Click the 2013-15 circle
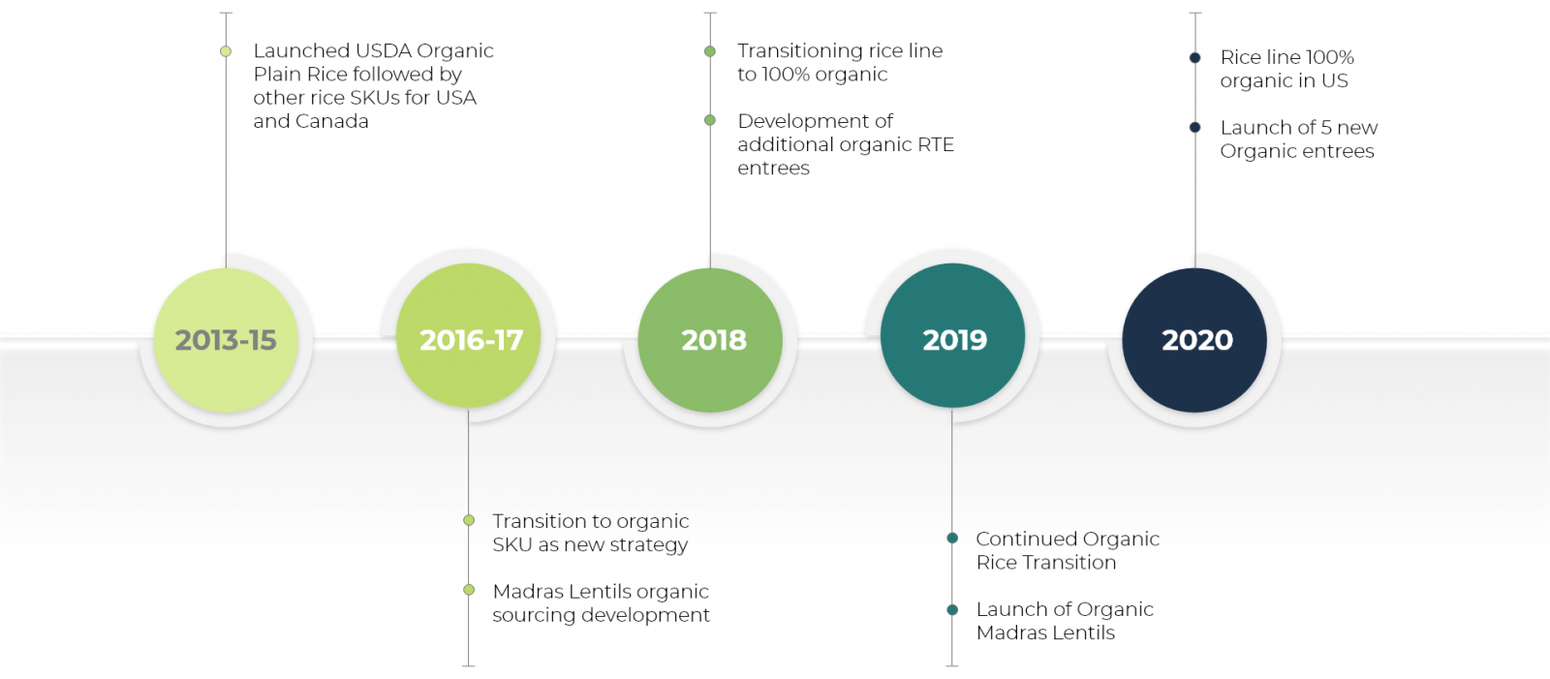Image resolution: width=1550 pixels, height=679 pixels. tap(227, 341)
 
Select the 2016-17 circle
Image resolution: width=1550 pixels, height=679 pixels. tap(469, 336)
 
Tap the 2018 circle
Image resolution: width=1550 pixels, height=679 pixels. tap(711, 341)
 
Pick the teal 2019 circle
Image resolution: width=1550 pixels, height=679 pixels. tap(953, 336)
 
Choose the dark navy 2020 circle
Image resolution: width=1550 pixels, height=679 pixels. tap(1195, 341)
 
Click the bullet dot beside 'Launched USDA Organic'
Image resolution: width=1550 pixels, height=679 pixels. tap(226, 51)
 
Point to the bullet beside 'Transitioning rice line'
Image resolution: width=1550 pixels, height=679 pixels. tap(710, 51)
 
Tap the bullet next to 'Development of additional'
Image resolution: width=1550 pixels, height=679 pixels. tap(710, 120)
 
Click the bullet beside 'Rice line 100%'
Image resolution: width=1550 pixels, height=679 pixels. tap(1195, 57)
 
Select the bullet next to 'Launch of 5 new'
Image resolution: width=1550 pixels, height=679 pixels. tap(1195, 127)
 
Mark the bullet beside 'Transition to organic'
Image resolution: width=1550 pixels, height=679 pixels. tap(469, 520)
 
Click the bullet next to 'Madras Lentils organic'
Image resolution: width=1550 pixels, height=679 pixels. tap(469, 591)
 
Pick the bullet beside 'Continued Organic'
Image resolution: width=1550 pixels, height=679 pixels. tap(952, 539)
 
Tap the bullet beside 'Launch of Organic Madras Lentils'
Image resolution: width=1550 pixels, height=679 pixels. tap(952, 610)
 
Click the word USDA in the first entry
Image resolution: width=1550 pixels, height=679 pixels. tap(384, 50)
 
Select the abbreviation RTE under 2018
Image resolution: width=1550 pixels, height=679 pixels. tap(936, 144)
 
